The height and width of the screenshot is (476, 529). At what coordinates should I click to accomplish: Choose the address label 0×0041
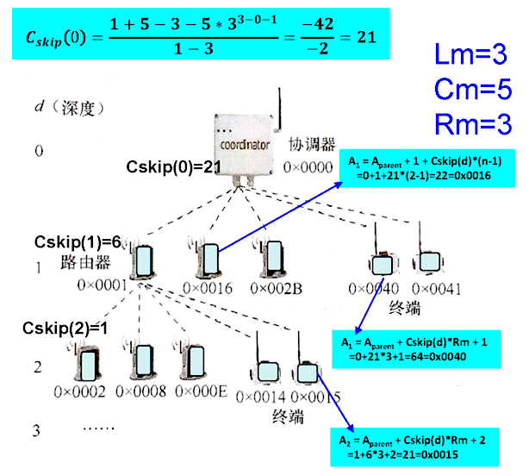[438, 287]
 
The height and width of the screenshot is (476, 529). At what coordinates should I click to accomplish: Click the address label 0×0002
[78, 391]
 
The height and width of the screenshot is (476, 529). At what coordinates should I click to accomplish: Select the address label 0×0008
[140, 391]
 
